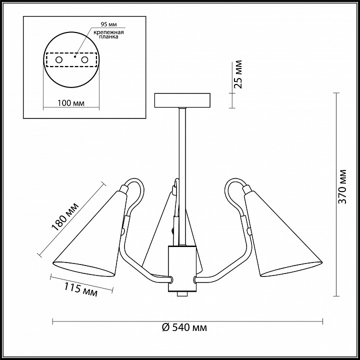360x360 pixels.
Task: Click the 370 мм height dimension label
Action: click(342, 186)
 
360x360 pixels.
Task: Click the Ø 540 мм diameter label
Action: click(184, 327)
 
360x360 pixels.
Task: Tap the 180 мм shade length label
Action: click(65, 217)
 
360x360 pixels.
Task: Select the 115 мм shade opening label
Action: click(80, 289)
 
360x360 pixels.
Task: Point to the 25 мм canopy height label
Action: click(238, 74)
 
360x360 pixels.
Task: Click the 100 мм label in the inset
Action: click(70, 103)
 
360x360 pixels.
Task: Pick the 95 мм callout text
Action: click(109, 24)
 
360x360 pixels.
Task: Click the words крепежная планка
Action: click(109, 34)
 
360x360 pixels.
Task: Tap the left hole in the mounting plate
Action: click(59, 60)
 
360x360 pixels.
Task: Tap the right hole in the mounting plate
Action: click(84, 60)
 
